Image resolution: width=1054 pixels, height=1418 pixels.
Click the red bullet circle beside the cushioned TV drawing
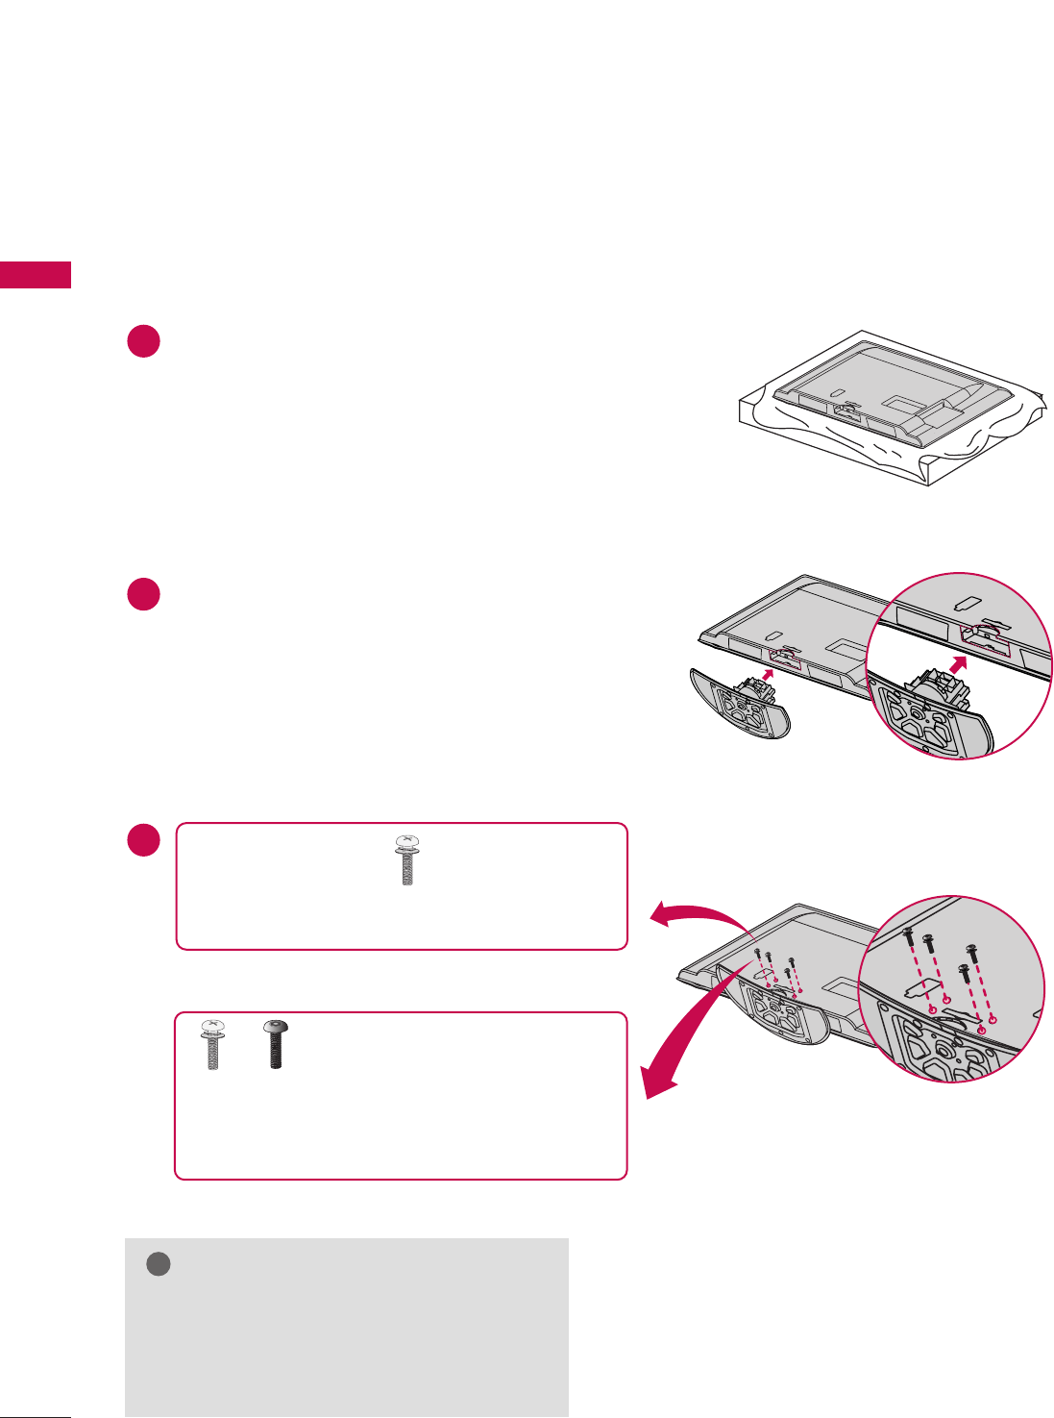[143, 342]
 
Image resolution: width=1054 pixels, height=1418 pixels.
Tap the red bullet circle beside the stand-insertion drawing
[143, 593]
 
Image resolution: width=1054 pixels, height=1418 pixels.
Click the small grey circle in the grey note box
[159, 1264]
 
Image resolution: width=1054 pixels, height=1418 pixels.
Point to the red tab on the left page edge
[36, 274]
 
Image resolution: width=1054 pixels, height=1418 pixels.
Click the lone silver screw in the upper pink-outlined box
[407, 859]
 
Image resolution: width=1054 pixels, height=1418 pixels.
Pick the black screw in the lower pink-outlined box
[276, 1045]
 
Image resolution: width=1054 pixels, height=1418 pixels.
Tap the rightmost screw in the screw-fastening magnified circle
[972, 953]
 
